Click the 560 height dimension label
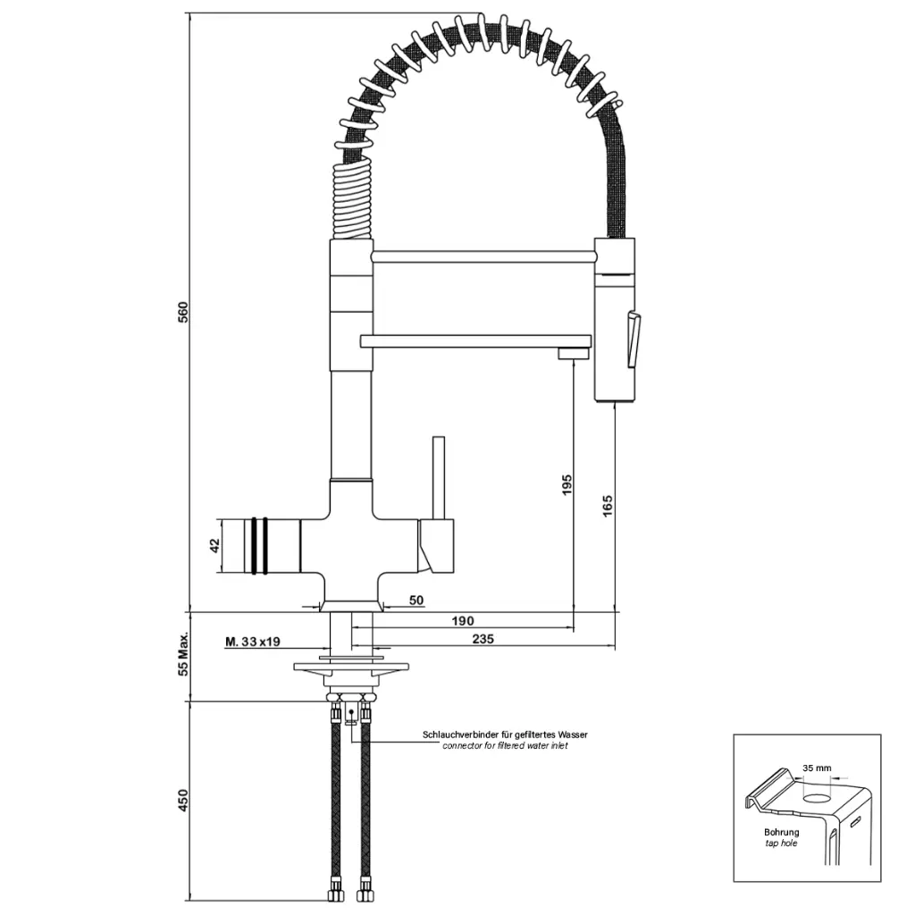[183, 313]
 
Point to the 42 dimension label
[214, 546]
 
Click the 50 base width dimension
[416, 600]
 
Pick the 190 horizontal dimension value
[462, 620]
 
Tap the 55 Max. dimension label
[183, 654]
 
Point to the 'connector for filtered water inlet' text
[505, 745]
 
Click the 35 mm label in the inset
[817, 768]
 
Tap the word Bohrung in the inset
[781, 832]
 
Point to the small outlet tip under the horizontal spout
[573, 355]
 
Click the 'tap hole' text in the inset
[781, 843]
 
